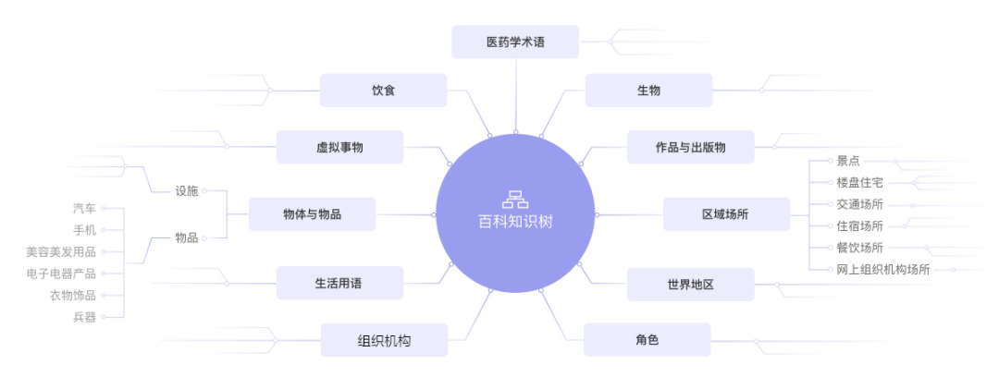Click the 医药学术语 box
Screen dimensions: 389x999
(515, 42)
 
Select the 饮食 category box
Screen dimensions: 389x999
(383, 91)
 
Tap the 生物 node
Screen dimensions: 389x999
(648, 91)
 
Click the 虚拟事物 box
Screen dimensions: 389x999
(339, 147)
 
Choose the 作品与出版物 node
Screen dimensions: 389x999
(690, 147)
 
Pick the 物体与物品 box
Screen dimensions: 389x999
(312, 214)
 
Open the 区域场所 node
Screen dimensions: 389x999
(726, 214)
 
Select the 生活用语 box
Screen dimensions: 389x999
(339, 283)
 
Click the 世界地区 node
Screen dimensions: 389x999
(690, 284)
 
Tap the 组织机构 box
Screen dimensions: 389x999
(384, 340)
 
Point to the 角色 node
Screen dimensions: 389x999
(647, 339)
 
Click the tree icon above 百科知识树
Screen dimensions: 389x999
(514, 199)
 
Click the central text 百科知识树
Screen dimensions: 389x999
(514, 222)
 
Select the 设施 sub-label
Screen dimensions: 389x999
(187, 191)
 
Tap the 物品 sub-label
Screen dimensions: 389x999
(187, 237)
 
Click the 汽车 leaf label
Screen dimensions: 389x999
(84, 209)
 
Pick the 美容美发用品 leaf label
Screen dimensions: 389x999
(61, 251)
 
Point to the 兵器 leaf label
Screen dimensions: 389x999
(84, 317)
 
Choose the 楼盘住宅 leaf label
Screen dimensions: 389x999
(859, 182)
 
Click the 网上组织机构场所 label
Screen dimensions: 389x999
(882, 270)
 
